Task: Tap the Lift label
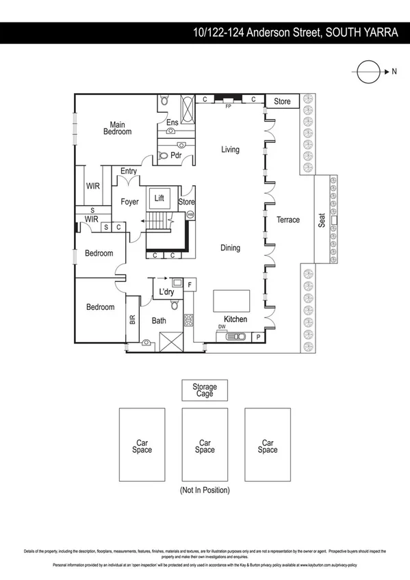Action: (x=159, y=198)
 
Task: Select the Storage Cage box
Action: (x=204, y=391)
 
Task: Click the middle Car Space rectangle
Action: (x=205, y=446)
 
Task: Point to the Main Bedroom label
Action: (x=118, y=128)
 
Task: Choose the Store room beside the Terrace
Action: (x=282, y=101)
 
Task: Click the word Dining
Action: (x=230, y=248)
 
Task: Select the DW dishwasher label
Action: (x=222, y=327)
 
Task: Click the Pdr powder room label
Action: (x=175, y=155)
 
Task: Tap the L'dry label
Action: (x=166, y=293)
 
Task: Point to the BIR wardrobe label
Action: (x=132, y=319)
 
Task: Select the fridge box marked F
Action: (x=190, y=282)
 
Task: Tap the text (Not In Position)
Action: (x=205, y=490)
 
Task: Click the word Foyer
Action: (x=130, y=202)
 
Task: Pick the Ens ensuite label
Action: (x=172, y=123)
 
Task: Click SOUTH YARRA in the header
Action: (x=360, y=32)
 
